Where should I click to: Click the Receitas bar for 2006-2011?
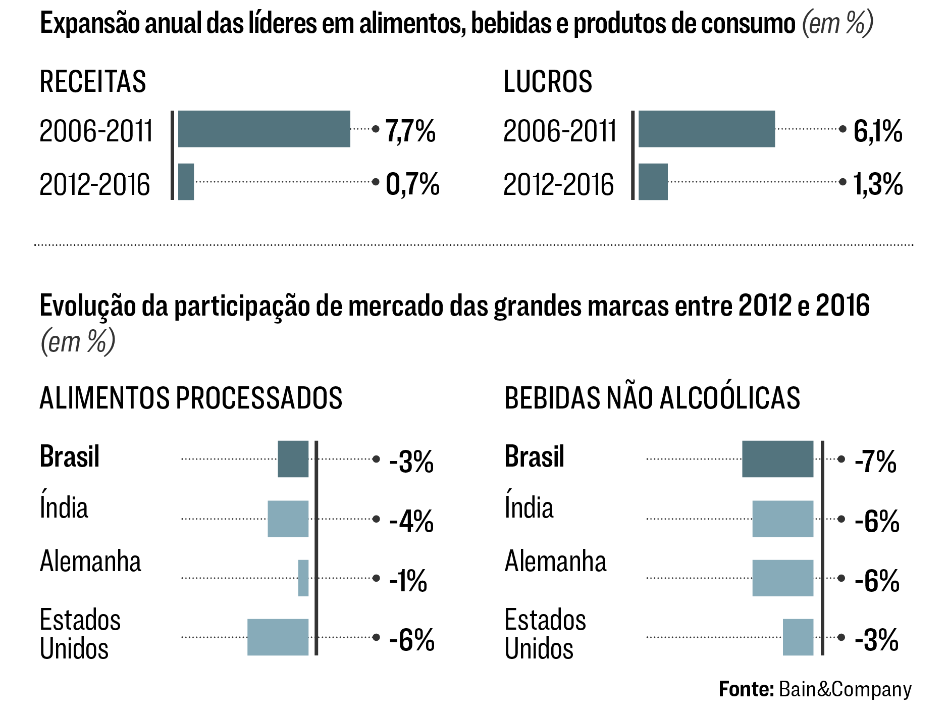coord(264,129)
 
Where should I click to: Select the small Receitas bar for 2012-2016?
coord(186,182)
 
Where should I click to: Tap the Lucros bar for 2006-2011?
coord(706,129)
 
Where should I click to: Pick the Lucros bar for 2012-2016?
coord(653,182)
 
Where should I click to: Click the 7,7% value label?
coord(410,131)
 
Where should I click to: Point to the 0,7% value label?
coord(412,184)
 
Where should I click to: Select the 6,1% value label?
coord(877,131)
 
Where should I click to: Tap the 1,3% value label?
coord(877,184)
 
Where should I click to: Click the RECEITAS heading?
coord(93,82)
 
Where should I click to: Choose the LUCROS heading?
coord(548,82)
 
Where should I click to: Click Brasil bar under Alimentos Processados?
coord(293,459)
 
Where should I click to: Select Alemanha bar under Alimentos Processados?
coord(303,578)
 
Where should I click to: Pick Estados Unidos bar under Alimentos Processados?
coord(278,637)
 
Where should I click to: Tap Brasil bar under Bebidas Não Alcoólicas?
coord(777,459)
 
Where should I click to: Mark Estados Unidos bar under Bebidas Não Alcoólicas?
coord(798,637)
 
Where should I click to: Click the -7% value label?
coord(875,462)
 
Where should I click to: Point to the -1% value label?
coord(408,581)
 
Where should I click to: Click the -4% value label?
coord(411,521)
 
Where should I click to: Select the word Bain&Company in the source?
coord(845,689)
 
